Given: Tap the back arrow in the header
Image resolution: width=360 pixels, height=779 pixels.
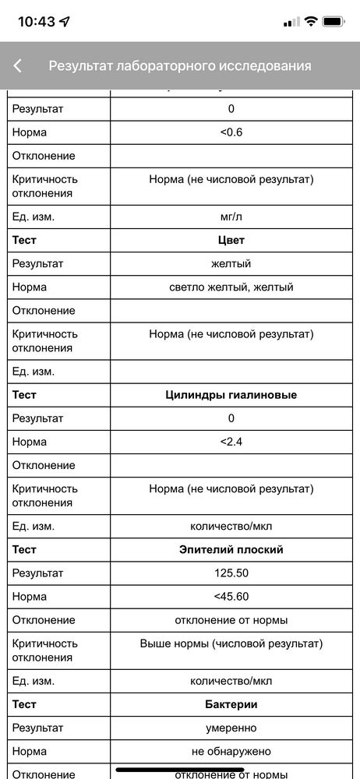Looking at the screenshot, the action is pyautogui.click(x=18, y=66).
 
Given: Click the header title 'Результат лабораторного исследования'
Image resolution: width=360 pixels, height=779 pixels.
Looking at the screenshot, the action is pyautogui.click(x=180, y=66).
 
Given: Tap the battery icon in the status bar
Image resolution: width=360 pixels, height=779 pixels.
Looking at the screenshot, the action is pyautogui.click(x=334, y=22).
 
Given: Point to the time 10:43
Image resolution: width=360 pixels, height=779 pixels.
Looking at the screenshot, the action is pyautogui.click(x=37, y=22).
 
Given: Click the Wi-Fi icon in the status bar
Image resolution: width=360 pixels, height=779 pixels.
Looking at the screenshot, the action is pyautogui.click(x=311, y=22).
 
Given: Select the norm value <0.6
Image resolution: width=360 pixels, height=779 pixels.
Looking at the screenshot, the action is pyautogui.click(x=231, y=132).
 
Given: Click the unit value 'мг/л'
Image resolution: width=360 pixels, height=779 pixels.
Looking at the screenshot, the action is pyautogui.click(x=231, y=217).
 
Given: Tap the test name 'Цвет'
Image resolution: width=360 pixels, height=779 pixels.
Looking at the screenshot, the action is pyautogui.click(x=231, y=240).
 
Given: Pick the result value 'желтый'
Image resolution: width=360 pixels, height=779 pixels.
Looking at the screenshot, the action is pyautogui.click(x=231, y=263).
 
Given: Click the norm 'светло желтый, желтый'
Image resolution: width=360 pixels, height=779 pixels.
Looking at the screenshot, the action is pyautogui.click(x=231, y=287).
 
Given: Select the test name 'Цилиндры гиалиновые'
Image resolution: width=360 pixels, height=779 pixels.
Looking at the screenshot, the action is pyautogui.click(x=231, y=395).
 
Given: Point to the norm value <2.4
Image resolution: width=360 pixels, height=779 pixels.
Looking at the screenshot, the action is pyautogui.click(x=231, y=442).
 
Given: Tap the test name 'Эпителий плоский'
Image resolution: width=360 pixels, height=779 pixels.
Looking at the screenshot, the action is pyautogui.click(x=231, y=550).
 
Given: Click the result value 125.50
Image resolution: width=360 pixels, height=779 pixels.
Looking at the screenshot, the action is pyautogui.click(x=231, y=573).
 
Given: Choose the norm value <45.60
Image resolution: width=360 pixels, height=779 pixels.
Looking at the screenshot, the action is pyautogui.click(x=231, y=597).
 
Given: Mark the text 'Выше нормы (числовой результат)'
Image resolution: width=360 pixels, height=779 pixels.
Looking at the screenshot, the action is pyautogui.click(x=231, y=643).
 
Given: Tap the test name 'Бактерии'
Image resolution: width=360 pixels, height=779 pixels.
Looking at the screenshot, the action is pyautogui.click(x=231, y=705).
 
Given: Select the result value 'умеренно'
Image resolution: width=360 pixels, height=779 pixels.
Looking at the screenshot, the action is pyautogui.click(x=231, y=728).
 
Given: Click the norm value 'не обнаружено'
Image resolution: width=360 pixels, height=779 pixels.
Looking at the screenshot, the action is pyautogui.click(x=231, y=752).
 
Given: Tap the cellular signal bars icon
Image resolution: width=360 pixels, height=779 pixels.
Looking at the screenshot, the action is pyautogui.click(x=291, y=22).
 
